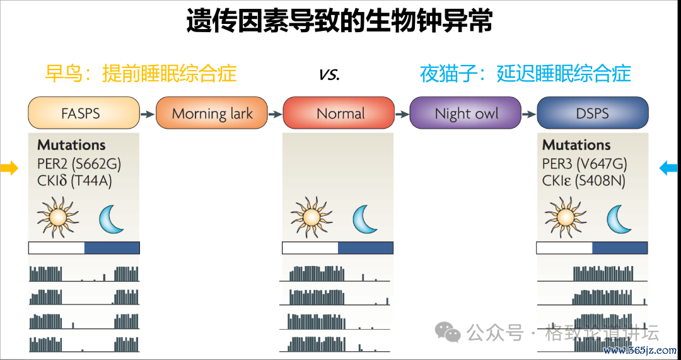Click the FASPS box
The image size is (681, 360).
pos(84,113)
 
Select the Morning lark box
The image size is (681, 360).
pos(211,113)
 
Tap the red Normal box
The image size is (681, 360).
pos(339,113)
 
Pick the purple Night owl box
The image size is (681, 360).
pos(465,113)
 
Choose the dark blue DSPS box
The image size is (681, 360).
pos(593,113)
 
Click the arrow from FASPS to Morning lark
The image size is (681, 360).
pos(148,114)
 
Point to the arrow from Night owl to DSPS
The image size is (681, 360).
pos(529,114)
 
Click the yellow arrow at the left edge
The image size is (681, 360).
pos(9,168)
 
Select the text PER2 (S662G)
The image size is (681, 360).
pos(79,164)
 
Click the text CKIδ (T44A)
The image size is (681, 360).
pos(74,181)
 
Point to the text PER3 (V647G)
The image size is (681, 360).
pos(585,164)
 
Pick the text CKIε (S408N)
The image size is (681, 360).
pos(584,181)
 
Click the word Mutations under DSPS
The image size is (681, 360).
pos(577,144)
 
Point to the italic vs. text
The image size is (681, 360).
pos(329,74)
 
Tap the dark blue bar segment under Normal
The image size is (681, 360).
pos(365,248)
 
